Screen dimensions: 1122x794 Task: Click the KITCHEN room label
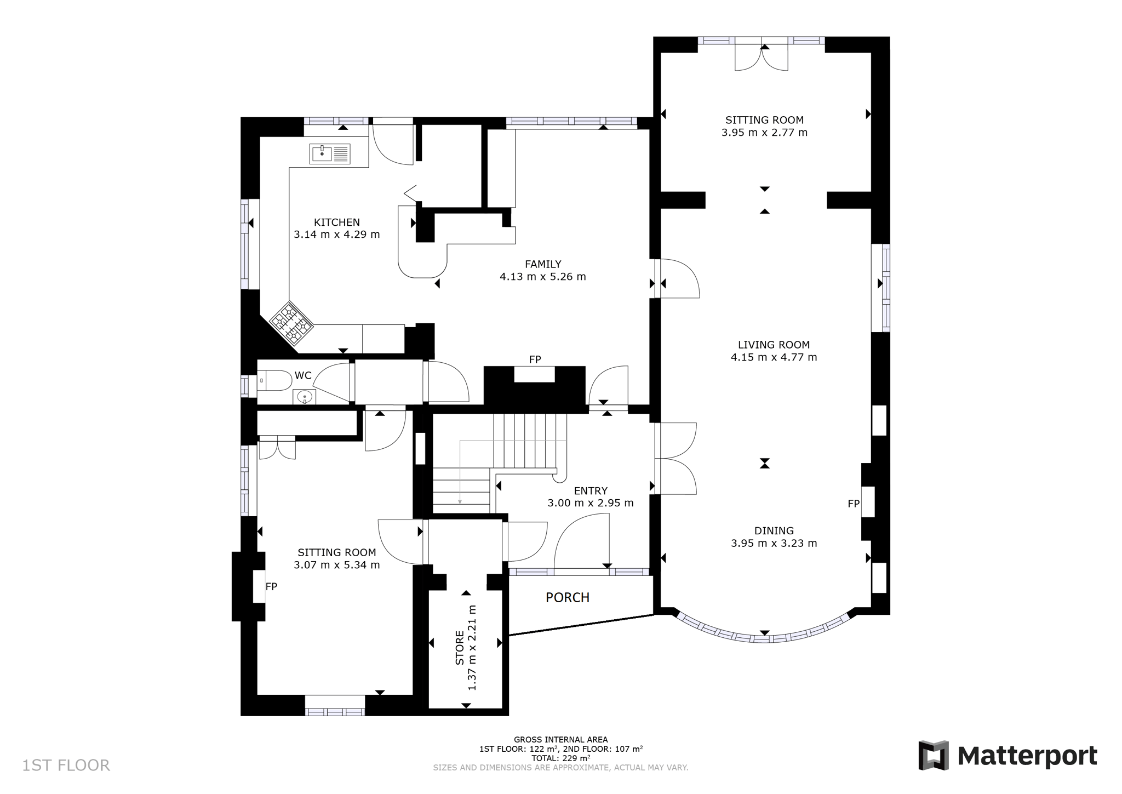(336, 222)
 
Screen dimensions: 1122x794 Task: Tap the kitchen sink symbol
(330, 154)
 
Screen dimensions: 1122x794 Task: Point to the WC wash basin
(304, 397)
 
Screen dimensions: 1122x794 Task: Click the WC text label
(303, 375)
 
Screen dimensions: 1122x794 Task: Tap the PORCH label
(568, 597)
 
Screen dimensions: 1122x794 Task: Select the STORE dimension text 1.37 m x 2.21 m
(472, 648)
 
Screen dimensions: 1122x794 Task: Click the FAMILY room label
(543, 264)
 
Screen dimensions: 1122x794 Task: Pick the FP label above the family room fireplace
(535, 359)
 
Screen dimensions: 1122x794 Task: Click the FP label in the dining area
(854, 504)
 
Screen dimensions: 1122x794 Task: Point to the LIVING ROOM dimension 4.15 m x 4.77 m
(774, 357)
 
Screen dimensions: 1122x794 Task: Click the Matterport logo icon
(934, 756)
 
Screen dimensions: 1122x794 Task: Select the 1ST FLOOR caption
(66, 765)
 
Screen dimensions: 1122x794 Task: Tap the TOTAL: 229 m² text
(560, 758)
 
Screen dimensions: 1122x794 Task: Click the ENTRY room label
(591, 491)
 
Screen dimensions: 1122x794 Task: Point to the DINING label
(774, 530)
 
